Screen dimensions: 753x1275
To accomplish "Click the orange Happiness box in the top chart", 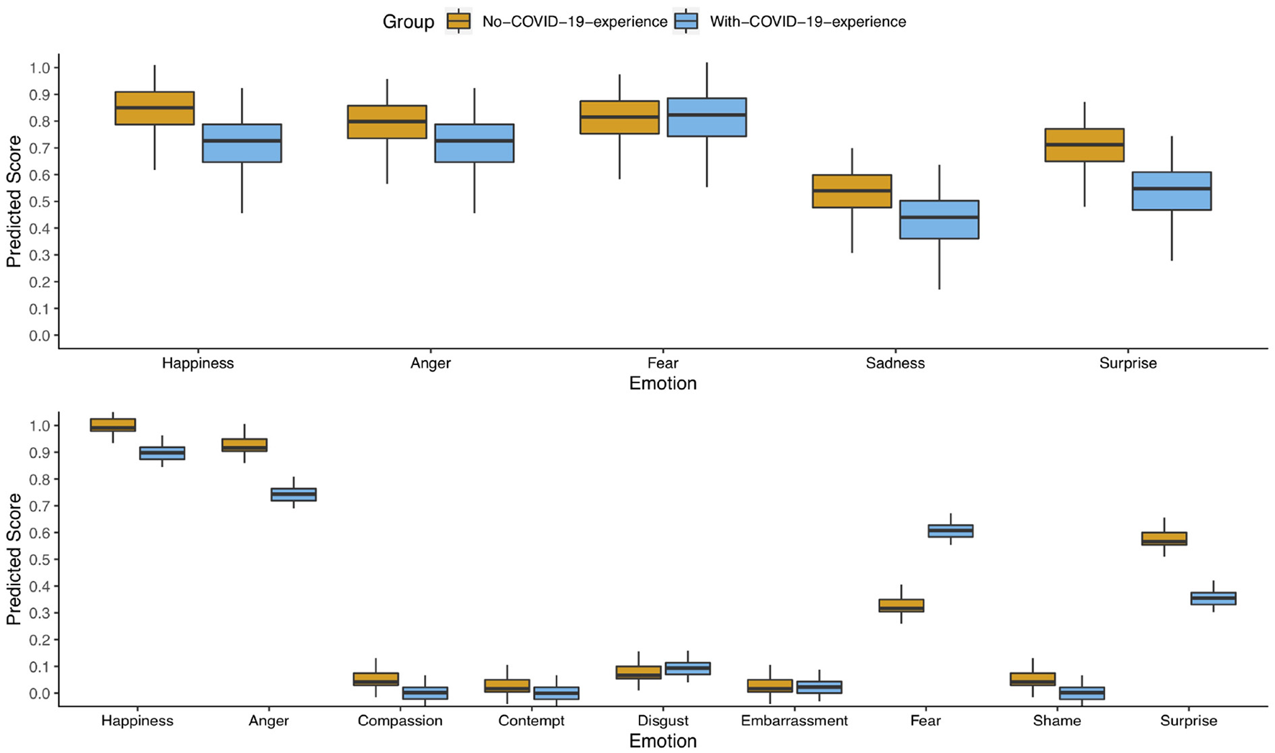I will [x=155, y=108].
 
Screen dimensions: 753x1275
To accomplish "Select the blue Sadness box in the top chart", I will [x=939, y=220].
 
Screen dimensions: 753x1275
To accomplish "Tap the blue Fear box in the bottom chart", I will [x=950, y=531].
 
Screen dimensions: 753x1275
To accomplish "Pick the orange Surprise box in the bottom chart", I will [x=1164, y=538].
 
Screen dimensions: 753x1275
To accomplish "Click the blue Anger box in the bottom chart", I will [x=293, y=495].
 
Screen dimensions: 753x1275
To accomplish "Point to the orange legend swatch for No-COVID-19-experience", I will [x=458, y=22].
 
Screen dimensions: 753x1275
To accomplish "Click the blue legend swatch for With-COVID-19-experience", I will [x=686, y=22].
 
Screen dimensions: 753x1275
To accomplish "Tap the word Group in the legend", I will [x=408, y=22].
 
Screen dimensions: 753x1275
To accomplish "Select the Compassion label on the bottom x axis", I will [x=400, y=721].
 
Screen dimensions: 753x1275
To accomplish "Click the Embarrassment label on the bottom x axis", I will [x=794, y=721].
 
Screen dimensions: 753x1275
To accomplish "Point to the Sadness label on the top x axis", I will [x=895, y=363].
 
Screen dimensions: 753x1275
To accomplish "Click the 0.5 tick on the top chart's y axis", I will [x=40, y=202].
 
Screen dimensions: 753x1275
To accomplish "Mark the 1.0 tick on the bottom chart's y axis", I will [x=40, y=425].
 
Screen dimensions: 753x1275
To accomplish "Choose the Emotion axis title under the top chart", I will [x=663, y=383].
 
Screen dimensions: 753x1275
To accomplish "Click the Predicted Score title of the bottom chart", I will [x=14, y=559].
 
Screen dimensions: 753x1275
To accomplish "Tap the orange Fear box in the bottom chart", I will [x=901, y=605].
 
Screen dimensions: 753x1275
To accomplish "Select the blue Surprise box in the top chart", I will [x=1171, y=191].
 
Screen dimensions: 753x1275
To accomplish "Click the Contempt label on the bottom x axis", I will [x=531, y=721].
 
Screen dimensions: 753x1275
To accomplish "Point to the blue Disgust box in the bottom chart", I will [x=687, y=668].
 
